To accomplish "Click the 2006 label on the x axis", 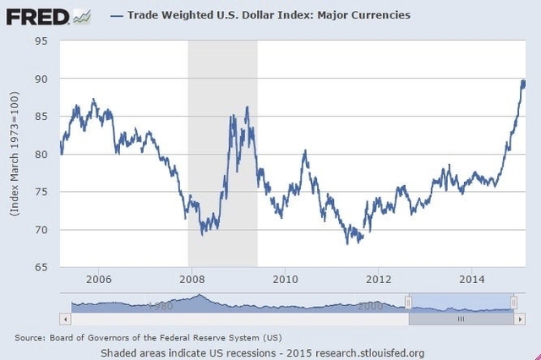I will point(99,280).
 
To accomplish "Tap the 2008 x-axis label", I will point(193,280).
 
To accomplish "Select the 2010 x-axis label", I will point(286,280).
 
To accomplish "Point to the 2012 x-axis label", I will point(380,280).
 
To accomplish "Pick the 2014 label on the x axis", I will point(473,280).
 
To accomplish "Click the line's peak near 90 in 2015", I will point(523,81).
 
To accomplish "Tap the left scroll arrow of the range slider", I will point(64,319).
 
